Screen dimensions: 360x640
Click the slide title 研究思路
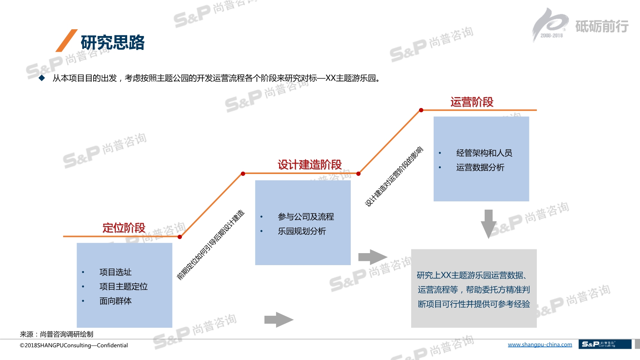click(113, 42)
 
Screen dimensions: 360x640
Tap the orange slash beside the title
click(66, 40)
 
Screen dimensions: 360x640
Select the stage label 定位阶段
click(124, 228)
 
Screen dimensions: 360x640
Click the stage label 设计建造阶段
click(309, 164)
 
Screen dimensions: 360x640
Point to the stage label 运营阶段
click(472, 102)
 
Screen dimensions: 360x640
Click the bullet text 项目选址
click(116, 272)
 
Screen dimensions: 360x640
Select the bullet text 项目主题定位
click(123, 286)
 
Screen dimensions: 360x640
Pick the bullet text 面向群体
click(116, 301)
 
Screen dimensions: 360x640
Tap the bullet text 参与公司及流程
click(306, 217)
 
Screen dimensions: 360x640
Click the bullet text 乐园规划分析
click(302, 231)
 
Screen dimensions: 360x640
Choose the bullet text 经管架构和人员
click(484, 153)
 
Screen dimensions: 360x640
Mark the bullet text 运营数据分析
click(480, 167)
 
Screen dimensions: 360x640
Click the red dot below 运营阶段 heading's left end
click(421, 110)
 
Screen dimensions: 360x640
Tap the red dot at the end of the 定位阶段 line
click(180, 237)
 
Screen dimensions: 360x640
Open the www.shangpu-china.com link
click(540, 345)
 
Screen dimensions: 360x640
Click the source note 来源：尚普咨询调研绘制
click(57, 334)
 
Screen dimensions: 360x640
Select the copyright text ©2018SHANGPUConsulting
click(74, 345)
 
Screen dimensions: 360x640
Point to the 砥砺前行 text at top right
click(602, 26)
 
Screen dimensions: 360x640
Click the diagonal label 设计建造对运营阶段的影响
click(394, 177)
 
